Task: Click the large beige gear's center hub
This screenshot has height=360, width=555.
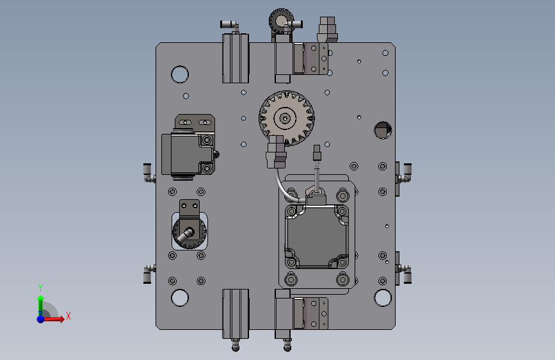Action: coord(286,118)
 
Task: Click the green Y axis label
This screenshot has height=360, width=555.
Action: coord(40,288)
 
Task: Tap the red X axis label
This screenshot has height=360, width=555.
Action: coord(68,316)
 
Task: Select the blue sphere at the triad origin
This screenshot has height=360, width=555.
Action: coord(41,319)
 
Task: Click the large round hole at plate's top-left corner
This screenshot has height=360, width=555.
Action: coord(180,74)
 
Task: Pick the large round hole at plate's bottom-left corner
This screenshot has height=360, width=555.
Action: coord(180,298)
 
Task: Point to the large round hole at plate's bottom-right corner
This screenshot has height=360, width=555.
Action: coord(383,298)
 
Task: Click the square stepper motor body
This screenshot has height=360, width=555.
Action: coord(317,236)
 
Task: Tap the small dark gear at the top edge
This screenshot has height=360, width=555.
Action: coord(280,20)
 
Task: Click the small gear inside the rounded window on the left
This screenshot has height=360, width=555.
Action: coord(189,232)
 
